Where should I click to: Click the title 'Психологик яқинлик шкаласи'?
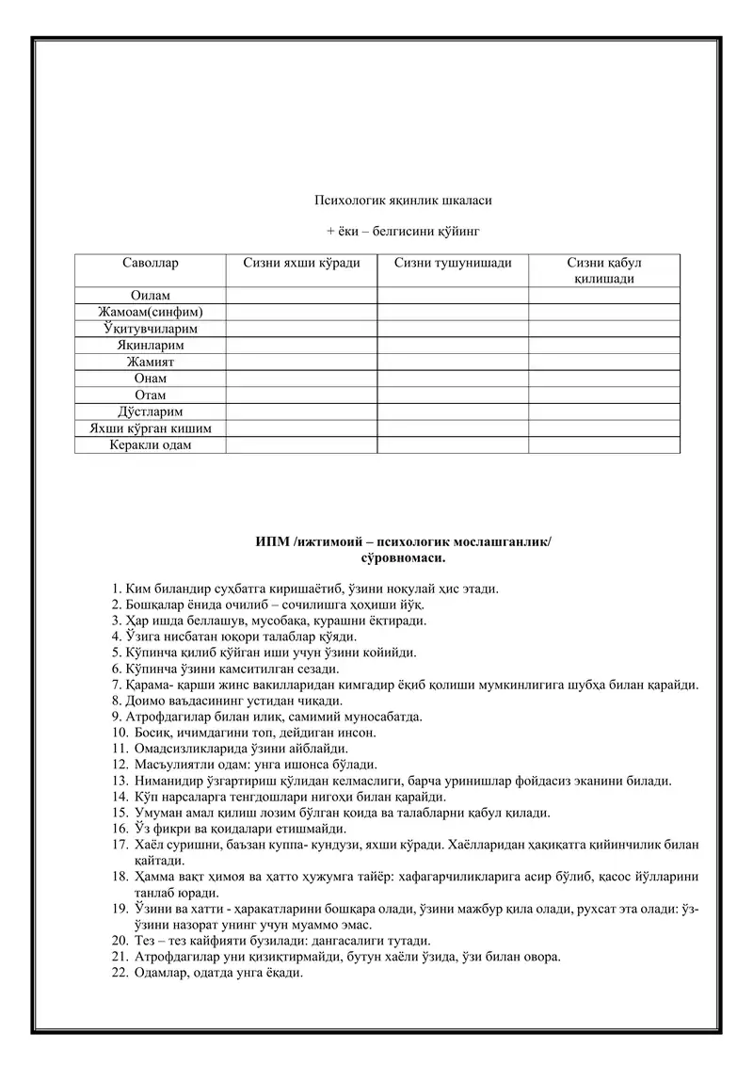click(x=403, y=200)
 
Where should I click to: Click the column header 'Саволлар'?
click(x=151, y=263)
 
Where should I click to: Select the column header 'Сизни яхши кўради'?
click(x=301, y=263)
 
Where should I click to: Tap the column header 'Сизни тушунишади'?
click(x=453, y=263)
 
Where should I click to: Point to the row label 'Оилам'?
click(x=151, y=296)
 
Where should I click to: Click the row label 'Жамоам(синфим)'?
click(x=151, y=313)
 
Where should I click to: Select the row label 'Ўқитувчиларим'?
click(x=151, y=329)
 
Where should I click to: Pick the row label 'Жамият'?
click(x=151, y=362)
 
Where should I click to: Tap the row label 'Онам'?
click(x=151, y=379)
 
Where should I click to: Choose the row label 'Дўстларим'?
click(x=151, y=411)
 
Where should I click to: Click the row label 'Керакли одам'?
click(x=151, y=444)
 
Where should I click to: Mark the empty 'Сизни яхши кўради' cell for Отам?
click(x=301, y=395)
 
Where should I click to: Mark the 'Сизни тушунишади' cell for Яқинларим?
click(x=453, y=346)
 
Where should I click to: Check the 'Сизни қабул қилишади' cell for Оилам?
click(x=603, y=296)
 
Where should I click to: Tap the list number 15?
click(x=119, y=813)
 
